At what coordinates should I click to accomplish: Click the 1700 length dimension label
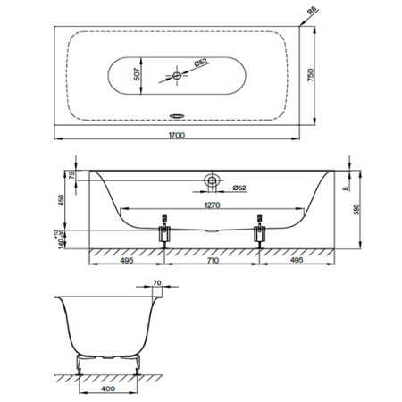(177, 136)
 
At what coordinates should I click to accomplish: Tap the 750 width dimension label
(311, 75)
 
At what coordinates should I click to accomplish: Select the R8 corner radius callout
(312, 11)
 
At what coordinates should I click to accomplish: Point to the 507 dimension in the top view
(137, 74)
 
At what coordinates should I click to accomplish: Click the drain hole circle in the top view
(177, 76)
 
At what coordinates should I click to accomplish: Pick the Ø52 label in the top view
(200, 62)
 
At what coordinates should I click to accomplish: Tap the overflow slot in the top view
(177, 115)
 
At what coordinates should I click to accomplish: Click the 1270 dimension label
(212, 205)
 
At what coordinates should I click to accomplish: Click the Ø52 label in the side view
(239, 188)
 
